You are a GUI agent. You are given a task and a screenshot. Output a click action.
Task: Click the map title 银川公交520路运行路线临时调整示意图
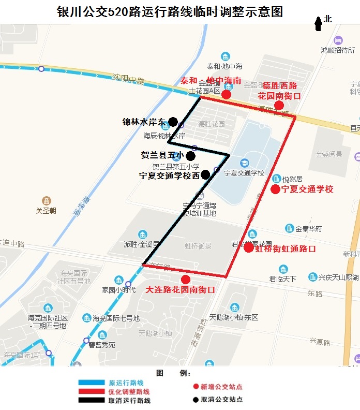click(x=170, y=11)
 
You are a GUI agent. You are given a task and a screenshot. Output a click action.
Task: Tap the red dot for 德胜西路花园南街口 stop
click(x=279, y=106)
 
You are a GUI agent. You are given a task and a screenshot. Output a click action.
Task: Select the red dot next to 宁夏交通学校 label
click(x=275, y=189)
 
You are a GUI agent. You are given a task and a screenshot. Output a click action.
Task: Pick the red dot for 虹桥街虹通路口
click(x=248, y=247)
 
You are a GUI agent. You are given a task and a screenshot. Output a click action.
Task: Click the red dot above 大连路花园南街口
click(x=185, y=280)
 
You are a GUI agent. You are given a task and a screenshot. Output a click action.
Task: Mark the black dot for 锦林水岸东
click(x=173, y=122)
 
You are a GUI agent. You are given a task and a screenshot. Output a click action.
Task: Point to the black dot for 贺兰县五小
click(x=190, y=155)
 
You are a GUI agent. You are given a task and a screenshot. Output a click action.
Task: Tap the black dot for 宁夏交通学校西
click(x=205, y=174)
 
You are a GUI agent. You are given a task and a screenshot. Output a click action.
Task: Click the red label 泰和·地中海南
click(x=211, y=81)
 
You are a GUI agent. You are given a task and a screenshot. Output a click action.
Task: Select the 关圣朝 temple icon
click(x=46, y=201)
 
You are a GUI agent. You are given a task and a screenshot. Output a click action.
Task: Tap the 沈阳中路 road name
click(x=128, y=79)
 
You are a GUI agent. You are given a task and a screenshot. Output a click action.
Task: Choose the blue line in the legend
click(x=92, y=383)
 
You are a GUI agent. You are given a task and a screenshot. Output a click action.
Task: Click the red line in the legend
click(x=92, y=392)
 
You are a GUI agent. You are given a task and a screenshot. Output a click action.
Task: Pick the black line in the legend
click(x=92, y=400)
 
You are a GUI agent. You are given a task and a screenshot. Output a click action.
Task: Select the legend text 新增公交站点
click(x=221, y=387)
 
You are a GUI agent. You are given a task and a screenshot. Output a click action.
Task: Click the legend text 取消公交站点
click(x=221, y=400)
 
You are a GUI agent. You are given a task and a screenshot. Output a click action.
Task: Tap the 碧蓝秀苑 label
click(x=102, y=345)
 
